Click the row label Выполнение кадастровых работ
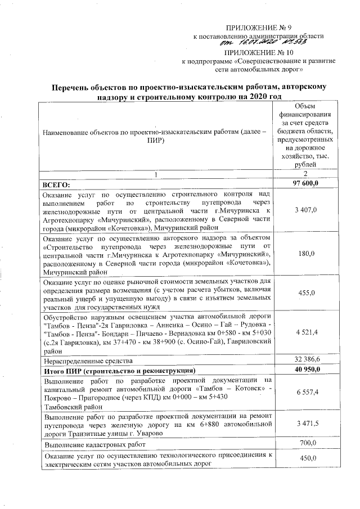pyautogui.click(x=93, y=445)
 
